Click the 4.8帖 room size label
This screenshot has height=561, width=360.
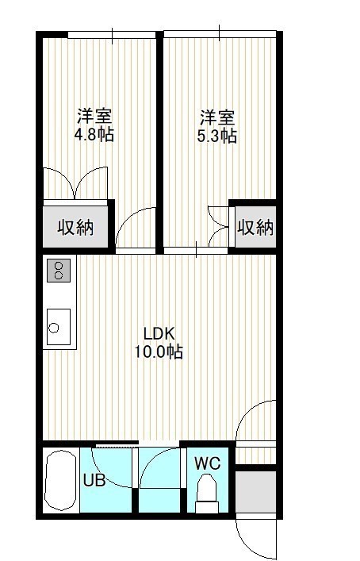[94, 135]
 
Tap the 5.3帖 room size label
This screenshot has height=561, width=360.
[217, 136]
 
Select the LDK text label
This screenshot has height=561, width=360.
[159, 333]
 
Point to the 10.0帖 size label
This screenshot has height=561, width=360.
[159, 352]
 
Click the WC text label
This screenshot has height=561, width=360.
[207, 463]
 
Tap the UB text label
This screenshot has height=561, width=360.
[94, 480]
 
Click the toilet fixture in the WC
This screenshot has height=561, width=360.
[207, 493]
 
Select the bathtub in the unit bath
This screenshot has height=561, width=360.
[61, 480]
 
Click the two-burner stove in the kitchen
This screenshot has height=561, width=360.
[59, 271]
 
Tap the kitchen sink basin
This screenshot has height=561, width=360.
[59, 327]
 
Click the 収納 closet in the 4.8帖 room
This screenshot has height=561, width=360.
[75, 226]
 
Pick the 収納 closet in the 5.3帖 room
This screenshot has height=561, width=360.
[255, 226]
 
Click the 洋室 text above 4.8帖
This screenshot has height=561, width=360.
[94, 116]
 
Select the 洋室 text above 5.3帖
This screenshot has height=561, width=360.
[217, 117]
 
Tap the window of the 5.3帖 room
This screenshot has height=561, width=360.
[220, 34]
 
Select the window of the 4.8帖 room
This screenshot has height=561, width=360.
[112, 35]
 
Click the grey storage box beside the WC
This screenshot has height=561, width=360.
[255, 492]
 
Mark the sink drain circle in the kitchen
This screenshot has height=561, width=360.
[54, 328]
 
